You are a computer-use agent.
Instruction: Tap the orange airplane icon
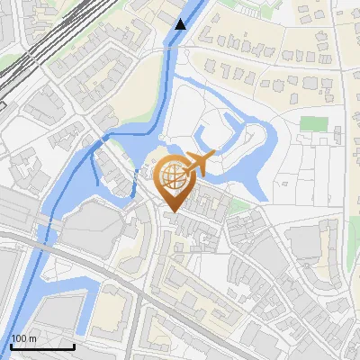[x=200, y=165]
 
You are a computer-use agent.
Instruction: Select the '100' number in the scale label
[x=19, y=338]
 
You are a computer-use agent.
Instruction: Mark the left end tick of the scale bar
[x=11, y=346]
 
